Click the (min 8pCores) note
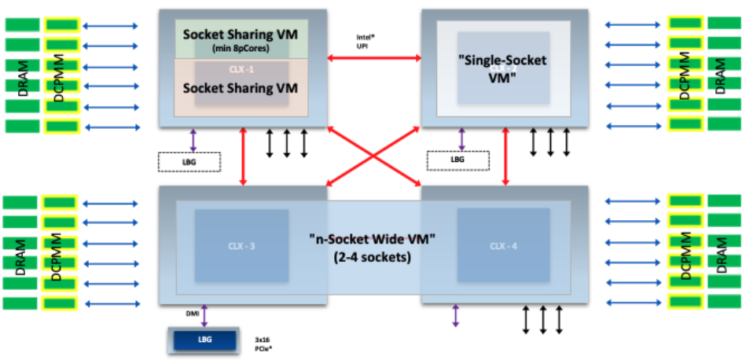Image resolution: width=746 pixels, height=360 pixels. pyautogui.click(x=240, y=49)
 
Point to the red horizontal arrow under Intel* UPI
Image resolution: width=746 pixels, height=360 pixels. pyautogui.click(x=374, y=57)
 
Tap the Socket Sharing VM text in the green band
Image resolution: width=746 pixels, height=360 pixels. pyautogui.click(x=240, y=35)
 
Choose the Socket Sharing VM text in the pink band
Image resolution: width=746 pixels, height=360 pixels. pyautogui.click(x=240, y=88)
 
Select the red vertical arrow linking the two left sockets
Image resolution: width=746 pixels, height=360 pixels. pyautogui.click(x=244, y=156)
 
